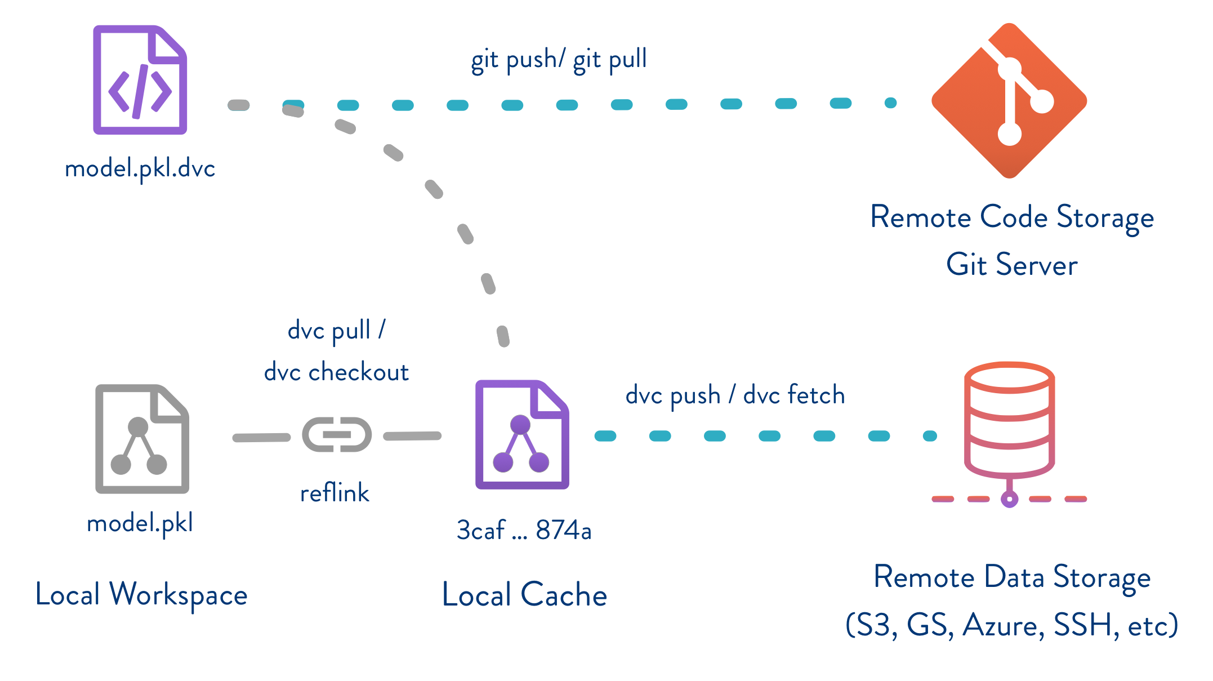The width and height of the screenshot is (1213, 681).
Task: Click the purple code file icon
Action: pyautogui.click(x=140, y=80)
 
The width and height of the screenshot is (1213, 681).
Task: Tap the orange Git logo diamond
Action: pyautogui.click(x=1009, y=101)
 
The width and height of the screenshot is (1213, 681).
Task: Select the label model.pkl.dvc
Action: pyautogui.click(x=140, y=168)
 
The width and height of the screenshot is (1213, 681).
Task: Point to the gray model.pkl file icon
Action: pyautogui.click(x=142, y=439)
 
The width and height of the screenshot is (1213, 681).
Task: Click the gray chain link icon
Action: pyautogui.click(x=337, y=434)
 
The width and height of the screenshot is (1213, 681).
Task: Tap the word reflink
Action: pyautogui.click(x=335, y=493)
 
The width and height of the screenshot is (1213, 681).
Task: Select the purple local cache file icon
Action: pyautogui.click(x=522, y=434)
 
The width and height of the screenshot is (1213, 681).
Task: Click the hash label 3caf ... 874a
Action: pyautogui.click(x=524, y=530)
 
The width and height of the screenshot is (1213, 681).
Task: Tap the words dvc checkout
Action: pyautogui.click(x=336, y=372)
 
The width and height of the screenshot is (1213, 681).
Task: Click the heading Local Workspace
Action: pyautogui.click(x=141, y=595)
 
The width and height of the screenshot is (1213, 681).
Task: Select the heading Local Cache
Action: pyautogui.click(x=524, y=595)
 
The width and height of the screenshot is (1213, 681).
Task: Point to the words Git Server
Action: pyautogui.click(x=1011, y=265)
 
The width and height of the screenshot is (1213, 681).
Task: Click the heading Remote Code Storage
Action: pyautogui.click(x=1011, y=217)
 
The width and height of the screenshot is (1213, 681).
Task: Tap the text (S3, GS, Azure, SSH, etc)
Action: pyautogui.click(x=1011, y=625)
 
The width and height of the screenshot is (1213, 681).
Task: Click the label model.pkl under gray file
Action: pyautogui.click(x=140, y=523)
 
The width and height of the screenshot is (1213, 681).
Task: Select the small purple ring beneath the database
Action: pyautogui.click(x=1009, y=499)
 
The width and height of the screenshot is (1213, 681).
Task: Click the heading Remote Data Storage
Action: pyautogui.click(x=1011, y=577)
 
